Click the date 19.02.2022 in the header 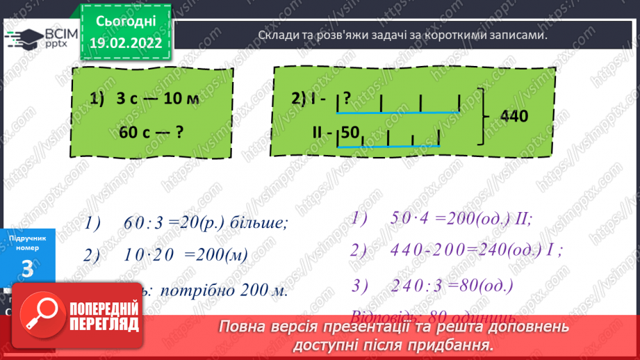click(126, 43)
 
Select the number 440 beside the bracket click(514, 117)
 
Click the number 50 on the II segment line click(350, 132)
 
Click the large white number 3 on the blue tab click(27, 270)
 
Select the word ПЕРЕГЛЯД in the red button click(104, 325)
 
